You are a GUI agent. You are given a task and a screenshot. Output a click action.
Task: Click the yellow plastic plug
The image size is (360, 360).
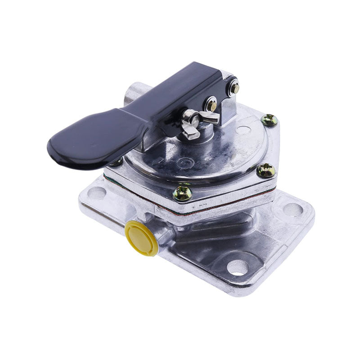coord(141,238)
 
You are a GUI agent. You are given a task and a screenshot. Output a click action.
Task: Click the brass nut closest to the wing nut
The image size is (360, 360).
coord(211,105)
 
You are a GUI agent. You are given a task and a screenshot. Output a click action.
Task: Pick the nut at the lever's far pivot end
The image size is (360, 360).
coord(233,88)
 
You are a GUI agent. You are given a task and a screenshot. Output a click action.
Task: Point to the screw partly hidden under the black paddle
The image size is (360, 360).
coord(116,162)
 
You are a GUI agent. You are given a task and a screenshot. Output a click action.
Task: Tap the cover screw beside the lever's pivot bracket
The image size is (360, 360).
coord(269,120)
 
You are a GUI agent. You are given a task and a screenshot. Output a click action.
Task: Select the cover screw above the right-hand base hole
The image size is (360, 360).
coord(265,170)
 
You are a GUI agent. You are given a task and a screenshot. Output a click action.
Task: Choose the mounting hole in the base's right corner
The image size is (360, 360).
coord(293,209)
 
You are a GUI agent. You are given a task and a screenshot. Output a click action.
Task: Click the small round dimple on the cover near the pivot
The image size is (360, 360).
coord(243,130)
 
